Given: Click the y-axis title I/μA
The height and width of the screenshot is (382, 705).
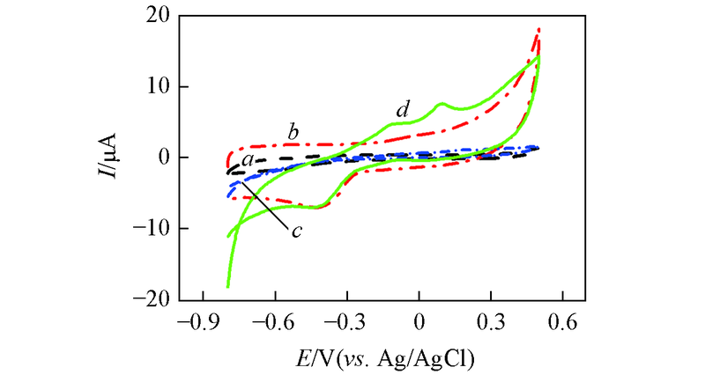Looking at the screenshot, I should (x=114, y=158).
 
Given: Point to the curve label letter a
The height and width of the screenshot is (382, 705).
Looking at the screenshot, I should (x=249, y=160).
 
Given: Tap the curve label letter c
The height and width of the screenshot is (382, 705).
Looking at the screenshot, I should (x=297, y=231).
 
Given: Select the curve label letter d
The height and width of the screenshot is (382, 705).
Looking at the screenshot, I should (x=403, y=110).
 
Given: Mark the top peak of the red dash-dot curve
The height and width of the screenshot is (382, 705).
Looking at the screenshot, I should (x=538, y=31).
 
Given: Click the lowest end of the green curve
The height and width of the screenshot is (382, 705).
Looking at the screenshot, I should (x=228, y=286).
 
